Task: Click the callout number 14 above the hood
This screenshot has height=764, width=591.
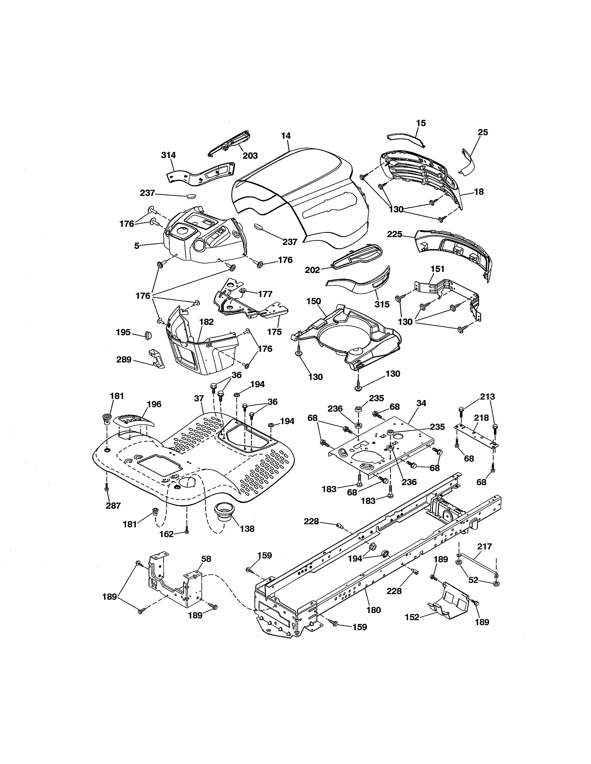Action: tap(286, 136)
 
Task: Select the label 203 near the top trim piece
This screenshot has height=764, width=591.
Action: tap(250, 156)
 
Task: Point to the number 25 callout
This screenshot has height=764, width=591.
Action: tap(483, 132)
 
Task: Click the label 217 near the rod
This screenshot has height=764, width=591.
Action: tap(485, 546)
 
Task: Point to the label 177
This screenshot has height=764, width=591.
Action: tap(265, 294)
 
